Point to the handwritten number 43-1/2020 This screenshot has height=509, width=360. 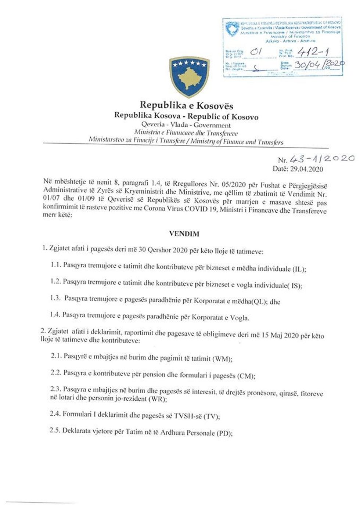tap(322, 159)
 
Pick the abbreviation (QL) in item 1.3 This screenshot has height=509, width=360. tap(259, 302)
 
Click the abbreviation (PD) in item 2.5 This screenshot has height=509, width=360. tap(224, 433)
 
